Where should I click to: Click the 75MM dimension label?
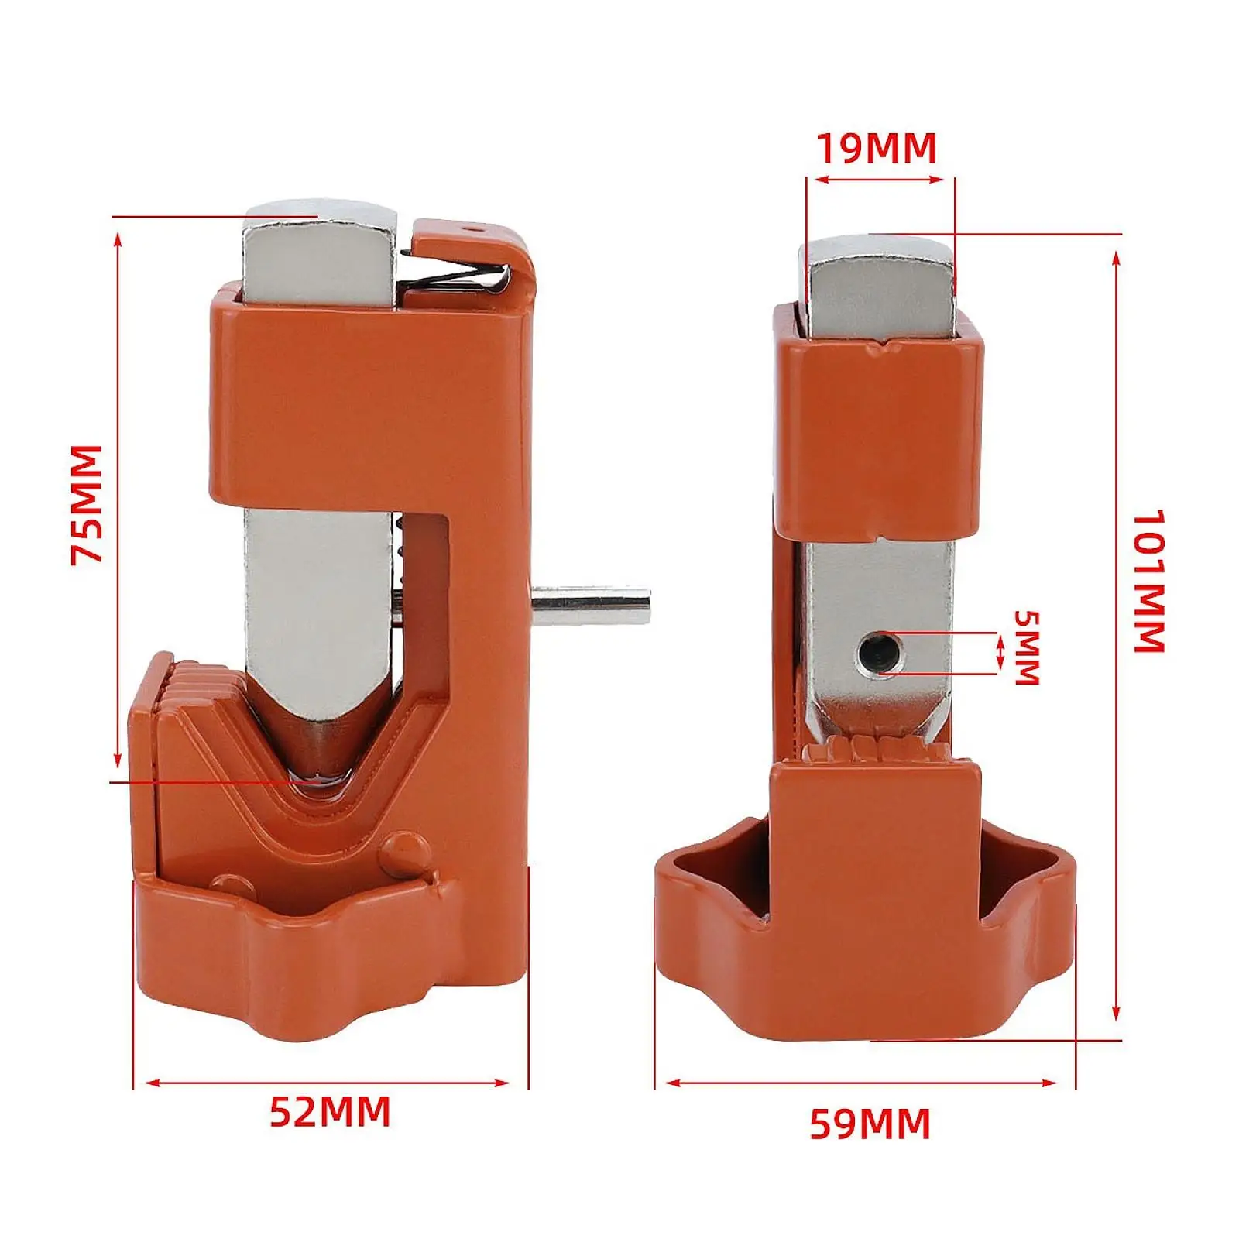[x=87, y=504]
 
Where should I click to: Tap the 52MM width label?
[x=330, y=1113]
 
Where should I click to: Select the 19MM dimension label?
[x=877, y=148]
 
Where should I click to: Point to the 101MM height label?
[x=1149, y=581]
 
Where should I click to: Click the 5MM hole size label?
[x=1027, y=648]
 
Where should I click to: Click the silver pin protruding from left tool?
[x=591, y=606]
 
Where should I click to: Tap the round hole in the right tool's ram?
[x=880, y=651]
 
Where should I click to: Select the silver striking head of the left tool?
[x=319, y=256]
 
